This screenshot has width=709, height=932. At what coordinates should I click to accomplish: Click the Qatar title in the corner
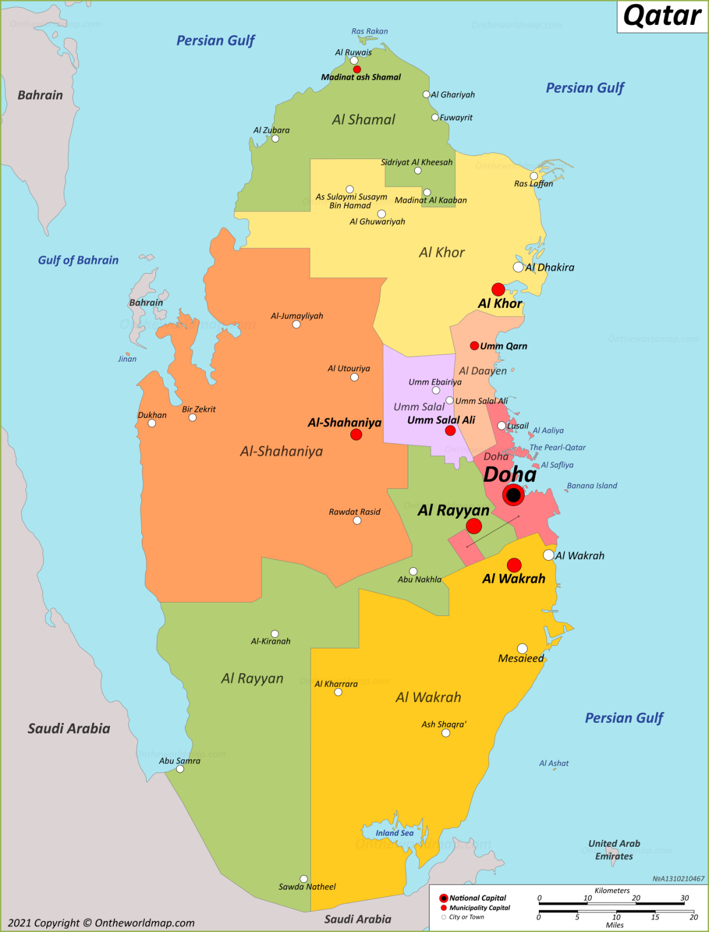point(662,16)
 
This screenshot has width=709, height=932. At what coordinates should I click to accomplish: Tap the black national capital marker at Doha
point(513,495)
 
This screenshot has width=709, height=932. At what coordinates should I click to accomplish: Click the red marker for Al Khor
point(498,289)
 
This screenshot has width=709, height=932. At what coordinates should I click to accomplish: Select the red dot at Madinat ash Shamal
point(357,69)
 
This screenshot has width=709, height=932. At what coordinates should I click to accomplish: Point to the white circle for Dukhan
point(152,423)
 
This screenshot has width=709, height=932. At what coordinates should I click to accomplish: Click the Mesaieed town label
point(521,658)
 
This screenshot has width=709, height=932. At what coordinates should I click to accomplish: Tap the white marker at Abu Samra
point(180,769)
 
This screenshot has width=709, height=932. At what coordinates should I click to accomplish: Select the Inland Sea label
point(395,833)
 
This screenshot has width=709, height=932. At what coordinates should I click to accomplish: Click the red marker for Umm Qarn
point(474,346)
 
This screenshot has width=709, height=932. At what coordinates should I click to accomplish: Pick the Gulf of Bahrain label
point(78,260)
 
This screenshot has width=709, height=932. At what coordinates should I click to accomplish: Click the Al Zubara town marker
point(275,139)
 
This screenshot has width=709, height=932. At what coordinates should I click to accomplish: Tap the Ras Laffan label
point(534,184)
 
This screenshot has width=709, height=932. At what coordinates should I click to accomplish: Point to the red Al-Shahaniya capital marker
point(356,434)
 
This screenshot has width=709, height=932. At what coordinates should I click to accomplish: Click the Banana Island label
point(591,486)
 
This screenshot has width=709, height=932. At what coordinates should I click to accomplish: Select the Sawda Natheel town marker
point(304,879)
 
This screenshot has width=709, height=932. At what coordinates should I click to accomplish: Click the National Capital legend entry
point(477,898)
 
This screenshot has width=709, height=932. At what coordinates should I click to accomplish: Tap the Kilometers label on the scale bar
point(612,891)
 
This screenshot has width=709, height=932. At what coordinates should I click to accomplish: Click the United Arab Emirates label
point(614,850)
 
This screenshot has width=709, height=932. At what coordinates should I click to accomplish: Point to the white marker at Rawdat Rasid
point(357,521)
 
